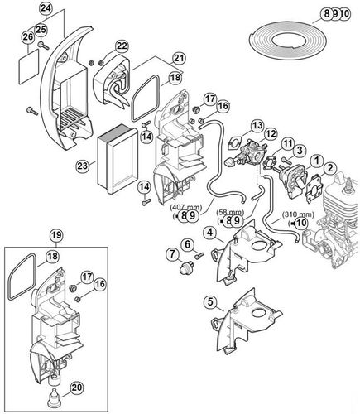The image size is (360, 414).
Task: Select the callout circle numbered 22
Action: click(x=122, y=46)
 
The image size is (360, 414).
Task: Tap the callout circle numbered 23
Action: click(x=81, y=165)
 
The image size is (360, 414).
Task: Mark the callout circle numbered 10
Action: click(x=300, y=222)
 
